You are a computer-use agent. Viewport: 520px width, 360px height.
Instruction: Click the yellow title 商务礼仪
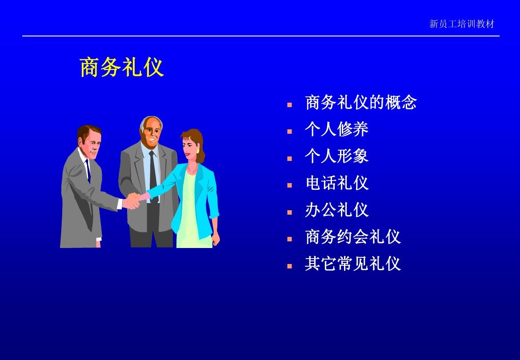122,68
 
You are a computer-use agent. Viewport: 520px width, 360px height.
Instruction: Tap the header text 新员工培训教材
462,24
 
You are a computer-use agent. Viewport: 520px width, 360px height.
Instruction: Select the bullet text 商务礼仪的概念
361,102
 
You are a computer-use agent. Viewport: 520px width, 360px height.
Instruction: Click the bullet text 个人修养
336,129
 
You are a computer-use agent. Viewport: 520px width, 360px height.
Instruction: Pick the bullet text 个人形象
336,156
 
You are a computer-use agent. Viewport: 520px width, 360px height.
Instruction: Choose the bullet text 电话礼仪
336,183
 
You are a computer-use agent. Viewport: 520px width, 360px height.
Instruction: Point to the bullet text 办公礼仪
336,210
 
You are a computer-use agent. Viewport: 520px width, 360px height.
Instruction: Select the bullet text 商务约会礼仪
353,237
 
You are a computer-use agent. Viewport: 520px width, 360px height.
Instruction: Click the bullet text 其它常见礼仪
353,264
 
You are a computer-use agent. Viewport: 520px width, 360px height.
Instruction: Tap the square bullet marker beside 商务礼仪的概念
289,105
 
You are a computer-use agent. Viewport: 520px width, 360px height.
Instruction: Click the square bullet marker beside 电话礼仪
289,185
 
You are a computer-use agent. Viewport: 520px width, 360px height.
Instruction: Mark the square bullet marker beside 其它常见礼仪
289,266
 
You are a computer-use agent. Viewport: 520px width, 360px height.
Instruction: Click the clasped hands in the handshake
134,200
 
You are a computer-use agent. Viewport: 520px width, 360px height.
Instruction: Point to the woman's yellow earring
198,151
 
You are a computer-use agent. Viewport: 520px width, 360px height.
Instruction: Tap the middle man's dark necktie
152,175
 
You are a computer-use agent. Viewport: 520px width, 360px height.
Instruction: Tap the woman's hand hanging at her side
216,238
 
